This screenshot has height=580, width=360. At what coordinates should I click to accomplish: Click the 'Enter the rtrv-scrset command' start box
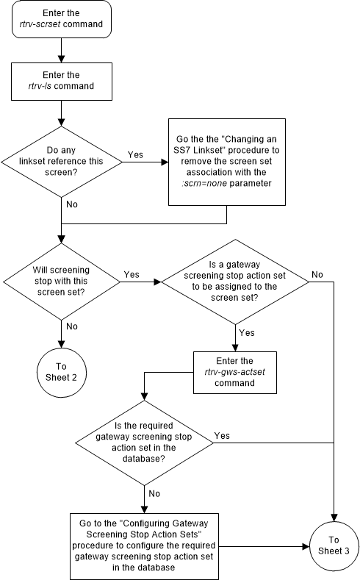[62, 18]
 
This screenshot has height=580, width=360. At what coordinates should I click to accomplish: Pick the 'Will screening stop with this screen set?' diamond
[62, 280]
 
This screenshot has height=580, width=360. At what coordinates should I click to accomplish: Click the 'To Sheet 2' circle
[62, 368]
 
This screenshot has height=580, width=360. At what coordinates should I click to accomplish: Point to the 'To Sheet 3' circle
[334, 546]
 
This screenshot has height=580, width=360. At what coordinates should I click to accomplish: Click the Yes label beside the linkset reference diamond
[136, 155]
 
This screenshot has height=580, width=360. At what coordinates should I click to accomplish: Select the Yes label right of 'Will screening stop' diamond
[132, 274]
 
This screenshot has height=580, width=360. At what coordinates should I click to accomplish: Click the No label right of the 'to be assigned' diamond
[317, 274]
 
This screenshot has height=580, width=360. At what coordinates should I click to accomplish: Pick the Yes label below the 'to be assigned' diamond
[247, 332]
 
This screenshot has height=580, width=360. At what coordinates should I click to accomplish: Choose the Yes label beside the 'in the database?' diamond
[222, 435]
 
